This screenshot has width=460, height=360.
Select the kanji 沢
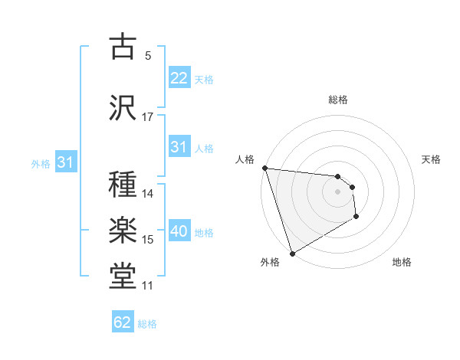pos(124,107)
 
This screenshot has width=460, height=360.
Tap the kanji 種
pos(124,185)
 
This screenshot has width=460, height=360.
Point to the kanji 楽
pos(124,231)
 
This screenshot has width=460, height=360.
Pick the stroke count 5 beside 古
pos(148,56)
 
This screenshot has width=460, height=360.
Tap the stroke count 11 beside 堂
pos(147,286)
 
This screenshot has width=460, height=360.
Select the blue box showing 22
pos(179,78)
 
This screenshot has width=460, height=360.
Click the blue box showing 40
pos(179,231)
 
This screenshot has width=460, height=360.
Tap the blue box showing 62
pos(122,322)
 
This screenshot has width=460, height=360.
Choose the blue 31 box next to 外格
pos(65,162)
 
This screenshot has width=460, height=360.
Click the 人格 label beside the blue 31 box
pos(204,148)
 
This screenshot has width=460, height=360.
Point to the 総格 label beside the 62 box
pos(147,324)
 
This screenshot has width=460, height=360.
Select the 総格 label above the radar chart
pos(338,100)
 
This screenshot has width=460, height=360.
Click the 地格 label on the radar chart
pos(402,262)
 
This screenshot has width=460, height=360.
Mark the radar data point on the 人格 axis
pos(264,168)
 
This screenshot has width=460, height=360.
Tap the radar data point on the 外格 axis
pos(292,253)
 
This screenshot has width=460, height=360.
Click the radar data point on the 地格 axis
pos(357,218)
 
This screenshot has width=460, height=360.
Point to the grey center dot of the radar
pos(338,191)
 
